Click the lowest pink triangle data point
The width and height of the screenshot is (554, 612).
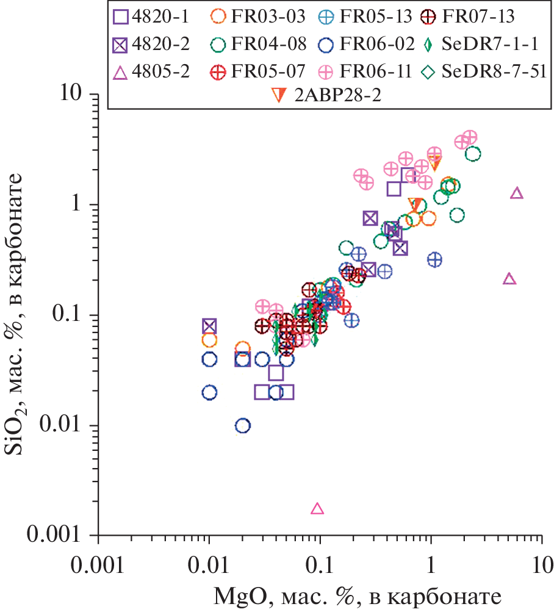[x=317, y=508]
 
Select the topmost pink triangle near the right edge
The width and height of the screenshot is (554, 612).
[x=517, y=193]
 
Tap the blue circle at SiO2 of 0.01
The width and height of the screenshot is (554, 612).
[x=243, y=425]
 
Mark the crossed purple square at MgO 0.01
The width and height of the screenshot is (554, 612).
[x=209, y=326]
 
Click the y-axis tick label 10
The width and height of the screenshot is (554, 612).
[x=76, y=95]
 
